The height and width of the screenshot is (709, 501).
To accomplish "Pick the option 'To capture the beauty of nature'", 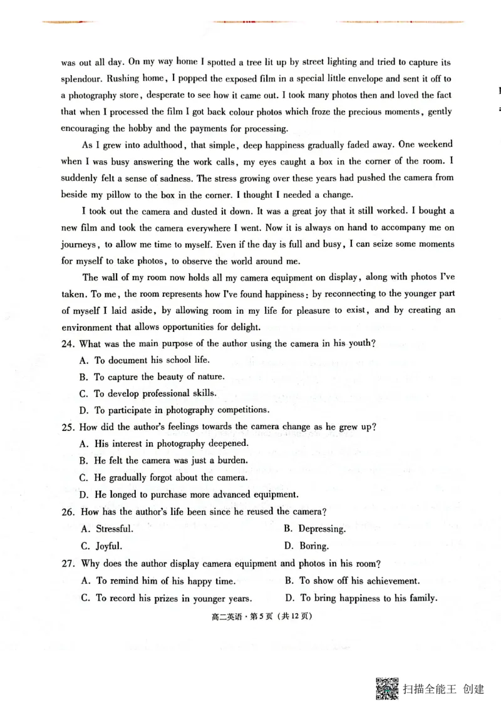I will pyautogui.click(x=158, y=377).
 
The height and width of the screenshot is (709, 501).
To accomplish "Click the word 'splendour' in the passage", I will pyautogui.click(x=81, y=79).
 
